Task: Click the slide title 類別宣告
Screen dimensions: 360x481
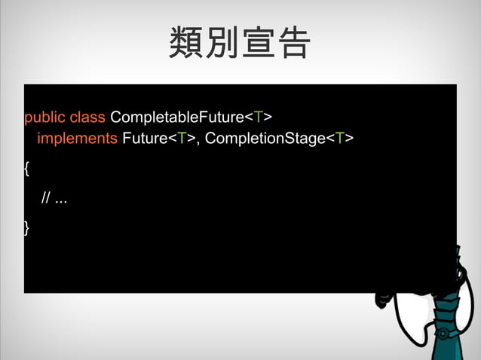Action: [240, 44]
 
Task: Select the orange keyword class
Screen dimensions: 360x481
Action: [87, 118]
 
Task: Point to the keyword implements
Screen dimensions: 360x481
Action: [77, 139]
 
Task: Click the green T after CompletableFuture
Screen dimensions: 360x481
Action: [258, 118]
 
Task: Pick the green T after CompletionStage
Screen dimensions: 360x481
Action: [340, 139]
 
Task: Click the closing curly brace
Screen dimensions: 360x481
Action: [27, 227]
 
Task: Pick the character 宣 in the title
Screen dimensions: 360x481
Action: [258, 44]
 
